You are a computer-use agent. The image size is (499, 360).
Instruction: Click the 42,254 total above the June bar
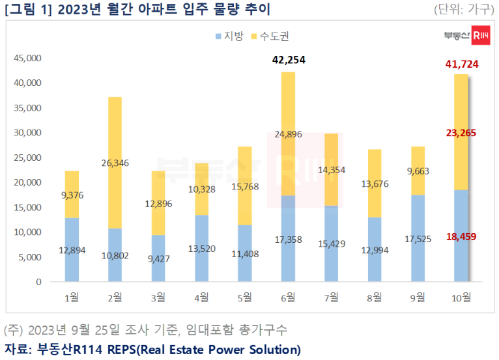(x=288, y=61)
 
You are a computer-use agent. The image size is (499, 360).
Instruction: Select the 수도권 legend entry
(x=272, y=36)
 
